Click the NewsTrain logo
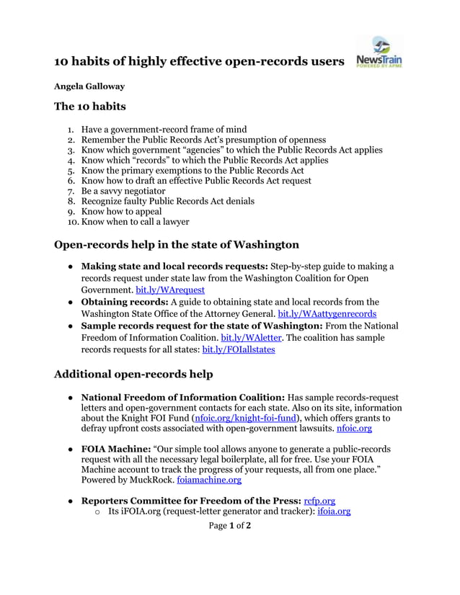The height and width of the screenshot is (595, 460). [379, 53]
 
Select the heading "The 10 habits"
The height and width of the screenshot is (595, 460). [90, 107]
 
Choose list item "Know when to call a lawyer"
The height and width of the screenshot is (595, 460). [136, 222]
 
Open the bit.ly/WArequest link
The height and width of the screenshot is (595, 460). [170, 290]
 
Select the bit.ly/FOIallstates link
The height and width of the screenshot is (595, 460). [238, 349]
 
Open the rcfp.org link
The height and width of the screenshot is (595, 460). [319, 501]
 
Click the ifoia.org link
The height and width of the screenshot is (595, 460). [334, 511]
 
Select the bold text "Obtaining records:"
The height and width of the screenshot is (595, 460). [125, 302]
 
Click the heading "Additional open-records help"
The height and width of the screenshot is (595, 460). [133, 374]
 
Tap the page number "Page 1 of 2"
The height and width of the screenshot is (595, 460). [229, 526]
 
